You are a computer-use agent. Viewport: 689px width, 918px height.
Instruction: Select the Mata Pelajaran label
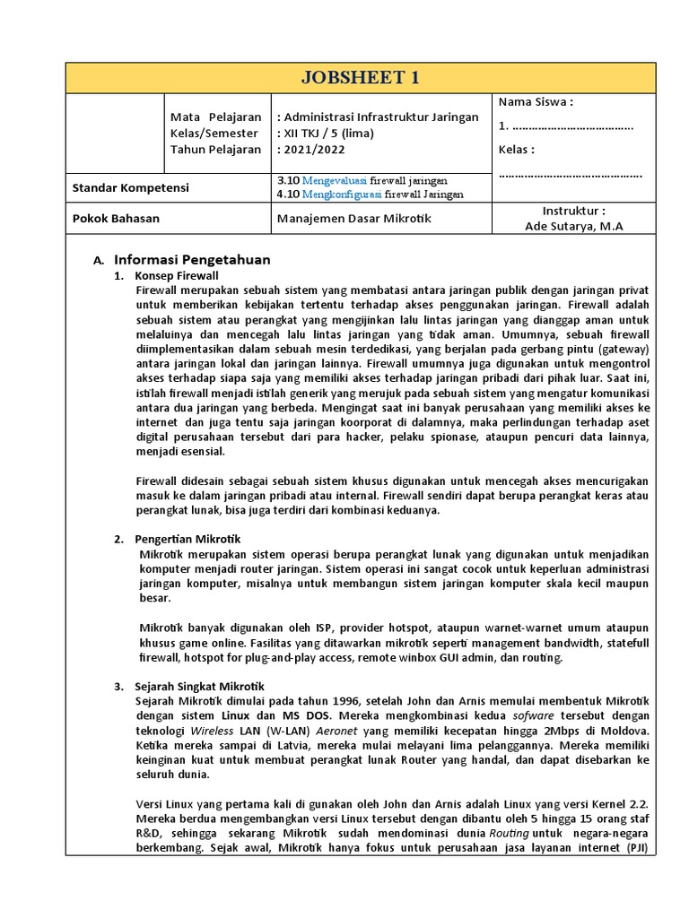(x=215, y=117)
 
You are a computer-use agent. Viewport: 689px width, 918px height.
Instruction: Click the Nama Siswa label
(x=536, y=102)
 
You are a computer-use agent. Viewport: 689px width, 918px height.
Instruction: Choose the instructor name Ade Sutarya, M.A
(x=574, y=226)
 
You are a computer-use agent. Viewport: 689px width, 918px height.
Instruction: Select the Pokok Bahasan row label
(x=116, y=218)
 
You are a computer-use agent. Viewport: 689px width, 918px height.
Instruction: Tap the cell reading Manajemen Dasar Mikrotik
(x=354, y=218)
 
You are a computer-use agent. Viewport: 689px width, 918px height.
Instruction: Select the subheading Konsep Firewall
(x=177, y=275)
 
